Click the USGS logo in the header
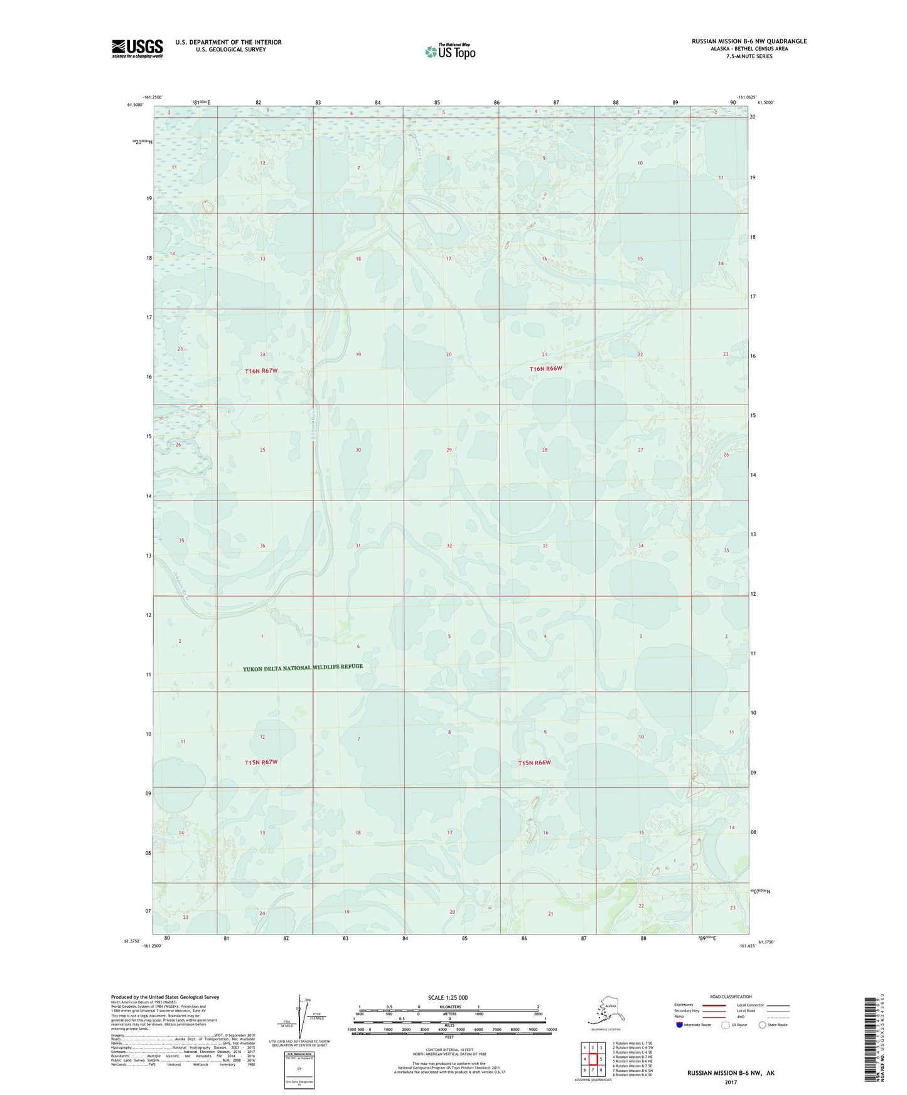137,48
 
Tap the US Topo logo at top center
450,51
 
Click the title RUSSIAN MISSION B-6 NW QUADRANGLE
749,41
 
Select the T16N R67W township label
260,371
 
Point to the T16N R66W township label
545,369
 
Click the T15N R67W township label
260,762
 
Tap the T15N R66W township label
534,763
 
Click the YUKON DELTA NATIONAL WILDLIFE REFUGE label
303,667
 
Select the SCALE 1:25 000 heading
448,997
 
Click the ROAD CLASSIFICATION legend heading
731,997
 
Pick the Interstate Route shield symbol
680,1025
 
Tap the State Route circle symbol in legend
762,1025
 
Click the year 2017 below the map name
731,1082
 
